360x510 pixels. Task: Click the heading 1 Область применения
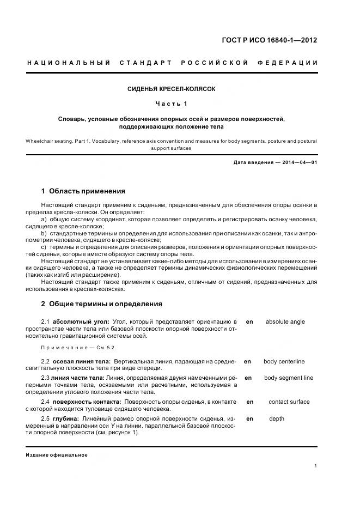(x=83, y=191)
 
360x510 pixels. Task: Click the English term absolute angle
(x=285, y=322)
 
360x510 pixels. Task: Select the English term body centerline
(x=284, y=361)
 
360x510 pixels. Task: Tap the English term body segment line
(x=288, y=378)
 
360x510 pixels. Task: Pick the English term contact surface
(x=289, y=402)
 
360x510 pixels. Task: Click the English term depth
(x=276, y=419)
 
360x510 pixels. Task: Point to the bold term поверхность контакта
(x=83, y=402)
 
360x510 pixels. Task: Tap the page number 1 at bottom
(x=316, y=466)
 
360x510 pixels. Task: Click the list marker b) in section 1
(x=45, y=233)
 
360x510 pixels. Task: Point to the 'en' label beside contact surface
(x=250, y=402)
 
